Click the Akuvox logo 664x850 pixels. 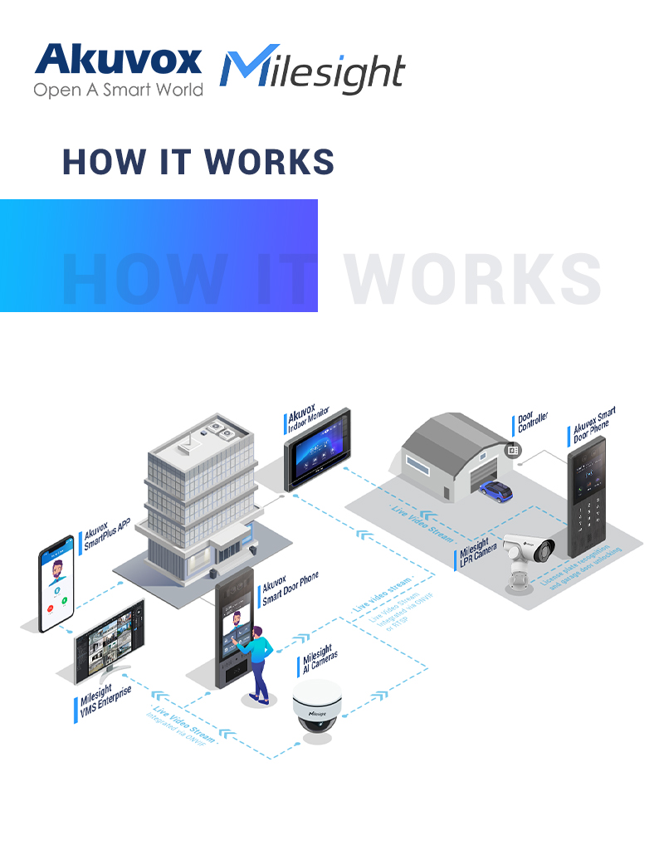[117, 61]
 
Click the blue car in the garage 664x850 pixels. [496, 490]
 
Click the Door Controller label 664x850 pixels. [532, 423]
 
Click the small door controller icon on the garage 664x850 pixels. [512, 450]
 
